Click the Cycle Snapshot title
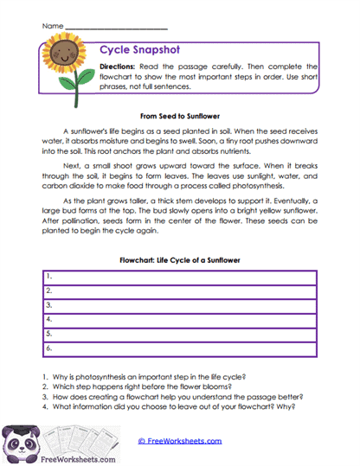tap(134, 50)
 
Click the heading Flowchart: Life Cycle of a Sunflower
tap(180, 259)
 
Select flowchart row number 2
tap(180, 291)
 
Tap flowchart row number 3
tap(180, 305)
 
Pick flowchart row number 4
tap(180, 319)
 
